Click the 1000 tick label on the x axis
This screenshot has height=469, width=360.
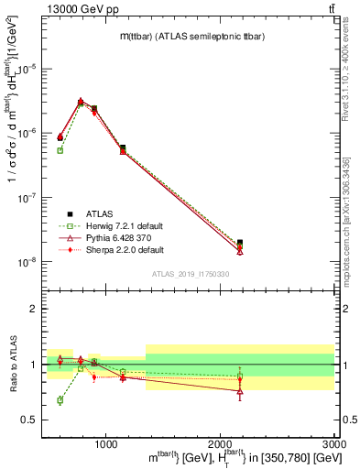(x=106, y=443)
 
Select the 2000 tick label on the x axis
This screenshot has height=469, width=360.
(x=220, y=443)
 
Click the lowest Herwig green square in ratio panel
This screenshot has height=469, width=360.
(x=60, y=400)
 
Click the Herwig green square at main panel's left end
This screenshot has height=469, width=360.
(x=60, y=150)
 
